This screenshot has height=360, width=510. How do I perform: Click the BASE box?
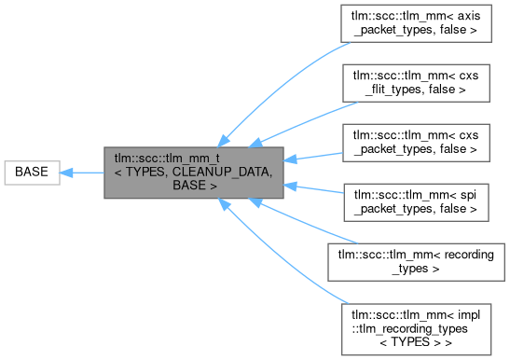(x=32, y=172)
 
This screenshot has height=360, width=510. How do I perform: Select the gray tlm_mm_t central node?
(x=192, y=172)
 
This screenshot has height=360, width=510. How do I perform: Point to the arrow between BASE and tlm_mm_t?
(x=81, y=172)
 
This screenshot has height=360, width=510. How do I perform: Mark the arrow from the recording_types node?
(x=298, y=219)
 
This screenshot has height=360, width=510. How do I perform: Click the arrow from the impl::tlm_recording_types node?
(x=280, y=252)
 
